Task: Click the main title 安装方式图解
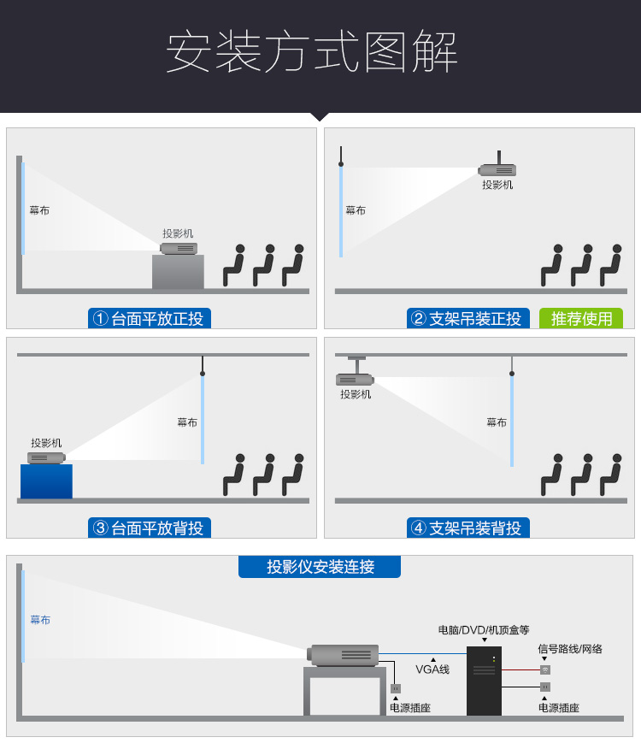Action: click(312, 53)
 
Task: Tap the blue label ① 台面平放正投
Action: click(150, 319)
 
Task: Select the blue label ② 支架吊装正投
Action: click(468, 319)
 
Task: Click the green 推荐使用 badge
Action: click(581, 319)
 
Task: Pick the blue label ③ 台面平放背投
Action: click(150, 528)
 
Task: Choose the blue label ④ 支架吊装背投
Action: click(468, 528)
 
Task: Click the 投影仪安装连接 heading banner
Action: click(320, 567)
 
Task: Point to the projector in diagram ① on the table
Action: click(179, 249)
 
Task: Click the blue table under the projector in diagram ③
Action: click(46, 481)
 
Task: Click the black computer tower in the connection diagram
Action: click(484, 681)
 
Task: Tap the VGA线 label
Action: click(432, 669)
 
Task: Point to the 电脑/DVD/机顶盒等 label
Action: click(484, 630)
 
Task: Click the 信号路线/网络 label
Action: click(569, 649)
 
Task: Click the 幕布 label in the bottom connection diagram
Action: click(40, 620)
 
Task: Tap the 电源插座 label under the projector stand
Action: click(410, 708)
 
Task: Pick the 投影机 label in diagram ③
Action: click(46, 443)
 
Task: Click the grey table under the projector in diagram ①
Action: click(178, 272)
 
